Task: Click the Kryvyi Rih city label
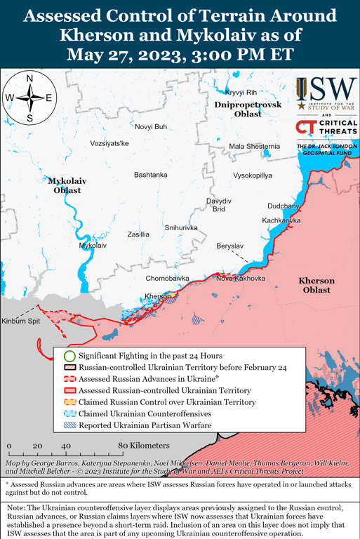click(x=240, y=93)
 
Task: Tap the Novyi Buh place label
click(x=151, y=126)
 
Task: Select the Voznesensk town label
click(x=100, y=143)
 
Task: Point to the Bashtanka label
click(x=150, y=174)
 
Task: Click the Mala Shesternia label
click(x=254, y=146)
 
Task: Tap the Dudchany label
click(x=283, y=206)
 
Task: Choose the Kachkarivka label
click(x=281, y=220)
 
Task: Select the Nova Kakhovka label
click(x=241, y=279)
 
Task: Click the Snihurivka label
click(x=181, y=228)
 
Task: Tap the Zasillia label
click(x=138, y=234)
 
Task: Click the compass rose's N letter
click(x=29, y=79)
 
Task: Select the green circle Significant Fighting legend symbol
click(x=69, y=356)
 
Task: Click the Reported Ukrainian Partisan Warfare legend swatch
click(x=69, y=425)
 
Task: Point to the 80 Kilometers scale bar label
click(x=143, y=446)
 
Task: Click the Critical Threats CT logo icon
click(x=306, y=128)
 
